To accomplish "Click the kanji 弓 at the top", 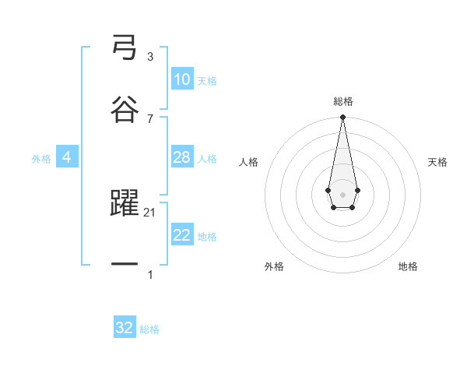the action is [125, 49].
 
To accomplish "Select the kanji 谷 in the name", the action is [125, 109].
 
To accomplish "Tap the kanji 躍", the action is [125, 204].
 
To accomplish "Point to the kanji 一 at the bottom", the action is [125, 265].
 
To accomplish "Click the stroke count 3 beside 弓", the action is [149, 57].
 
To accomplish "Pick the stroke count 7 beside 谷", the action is [149, 118].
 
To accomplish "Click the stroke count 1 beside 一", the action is [149, 275].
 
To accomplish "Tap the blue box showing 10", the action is [182, 79].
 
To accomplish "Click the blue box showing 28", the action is [182, 157].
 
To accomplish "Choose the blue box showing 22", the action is [182, 235].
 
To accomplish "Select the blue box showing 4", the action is [67, 157].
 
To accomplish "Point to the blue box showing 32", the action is [125, 328].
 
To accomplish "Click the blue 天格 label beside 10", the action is [207, 81].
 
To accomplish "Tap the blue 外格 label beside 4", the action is [41, 159].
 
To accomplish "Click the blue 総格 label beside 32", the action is [149, 329].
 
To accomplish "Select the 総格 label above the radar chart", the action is [342, 101].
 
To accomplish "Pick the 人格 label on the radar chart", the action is [249, 162].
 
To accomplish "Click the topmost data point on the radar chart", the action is [342, 117].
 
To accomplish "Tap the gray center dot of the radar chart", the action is [342, 193].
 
